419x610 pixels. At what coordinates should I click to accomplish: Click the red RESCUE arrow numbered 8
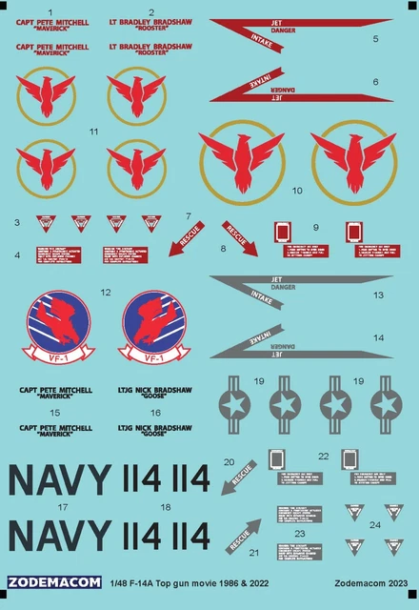click(240, 238)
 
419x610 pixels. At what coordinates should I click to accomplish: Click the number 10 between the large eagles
click(297, 191)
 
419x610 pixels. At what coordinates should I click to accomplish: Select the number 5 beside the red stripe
click(375, 39)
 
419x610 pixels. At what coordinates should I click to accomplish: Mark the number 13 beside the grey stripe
click(378, 295)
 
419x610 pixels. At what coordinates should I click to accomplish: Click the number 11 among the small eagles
click(92, 131)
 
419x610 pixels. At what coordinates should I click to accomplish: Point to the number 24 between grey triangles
click(374, 524)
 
